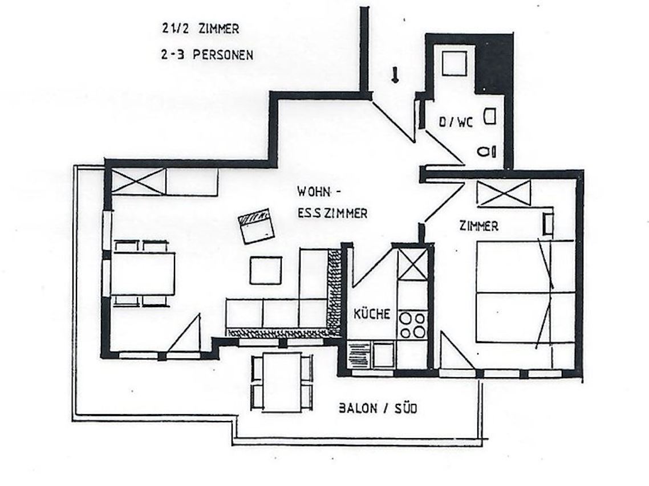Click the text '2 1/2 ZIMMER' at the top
pyautogui.click(x=200, y=29)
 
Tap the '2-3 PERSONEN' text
pyautogui.click(x=207, y=55)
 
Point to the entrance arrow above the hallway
pyautogui.click(x=395, y=75)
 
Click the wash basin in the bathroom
pyautogui.click(x=490, y=116)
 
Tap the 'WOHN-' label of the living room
pyautogui.click(x=319, y=192)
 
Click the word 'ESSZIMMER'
pyautogui.click(x=332, y=213)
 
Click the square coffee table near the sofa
pyautogui.click(x=266, y=270)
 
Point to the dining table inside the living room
pyautogui.click(x=143, y=273)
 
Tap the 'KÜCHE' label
pyautogui.click(x=372, y=314)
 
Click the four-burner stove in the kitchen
pyautogui.click(x=412, y=325)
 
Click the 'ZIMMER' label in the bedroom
pyautogui.click(x=479, y=226)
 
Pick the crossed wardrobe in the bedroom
pyautogui.click(x=504, y=193)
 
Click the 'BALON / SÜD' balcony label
pyautogui.click(x=378, y=409)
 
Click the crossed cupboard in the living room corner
pyautogui.click(x=139, y=181)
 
